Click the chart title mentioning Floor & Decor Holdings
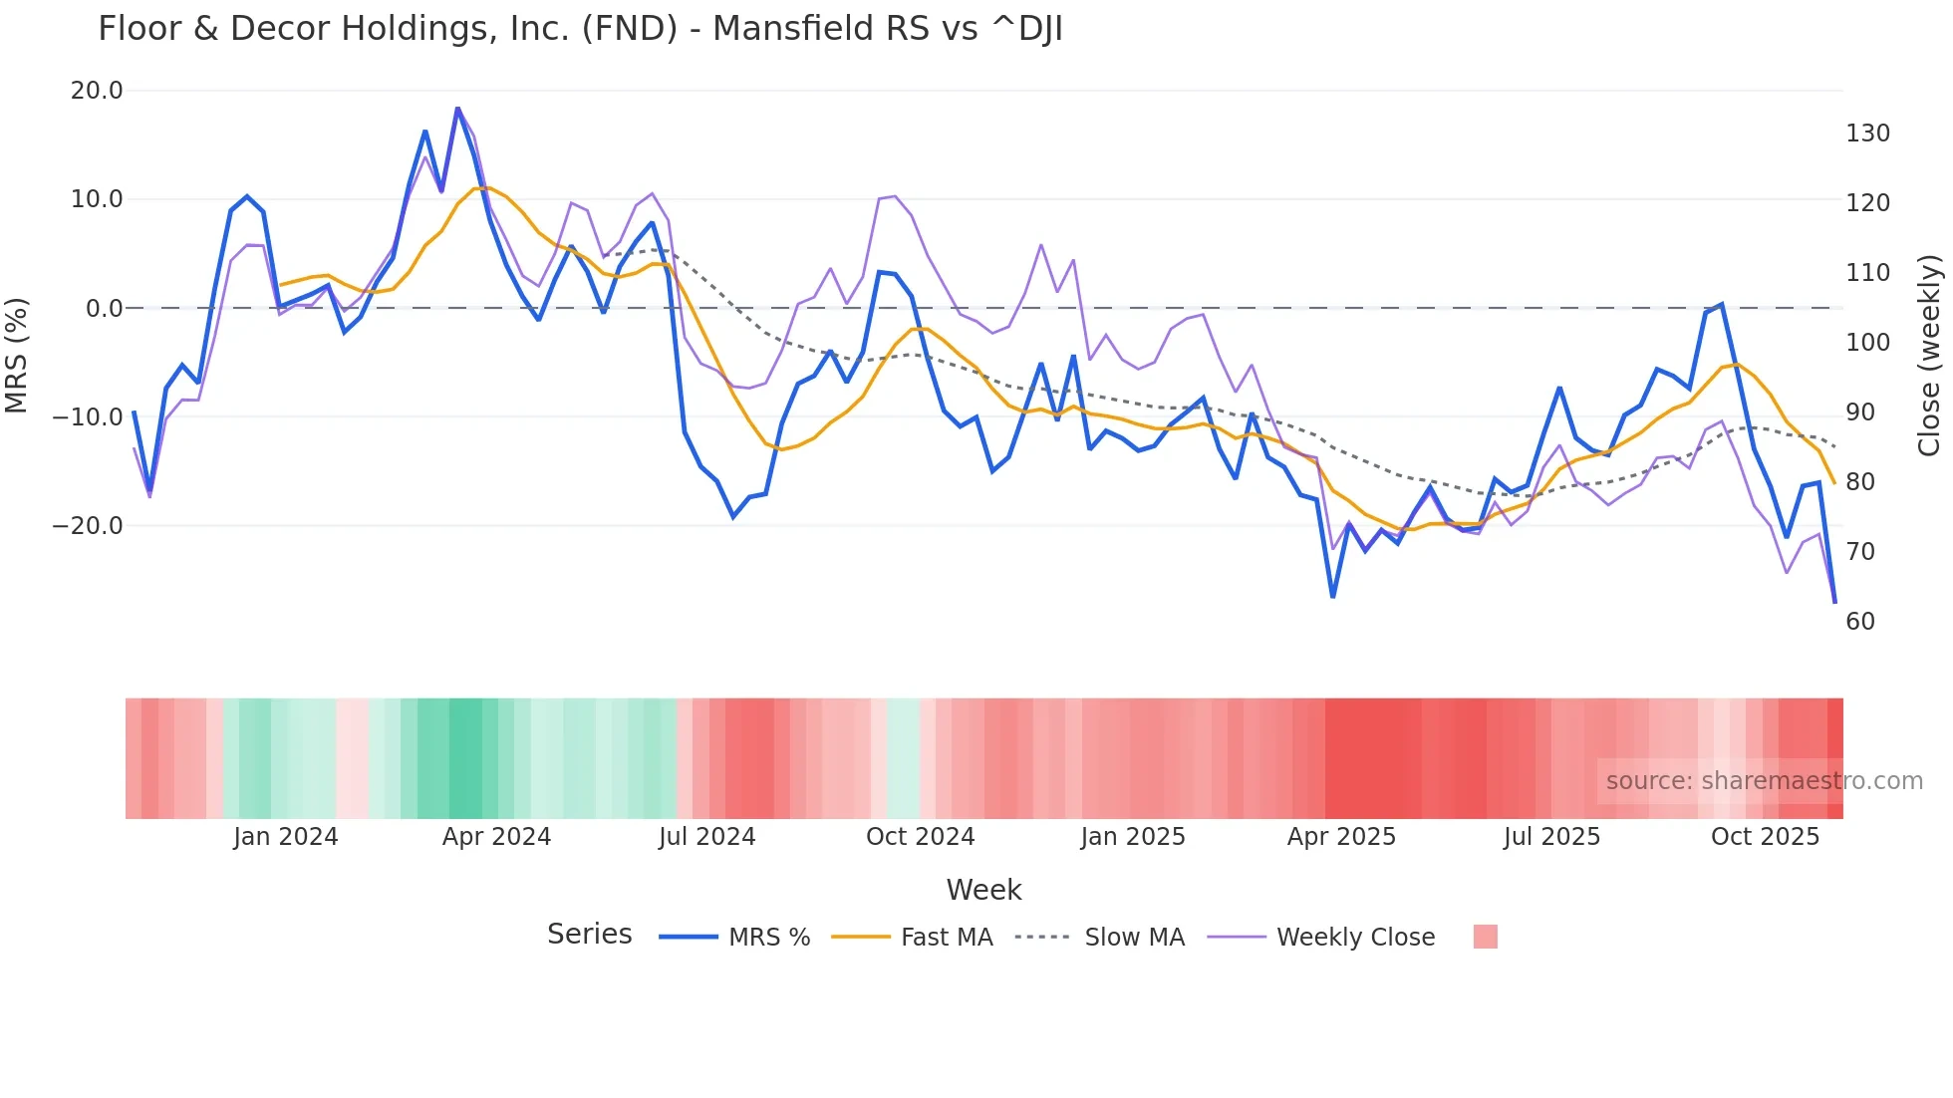pyautogui.click(x=580, y=29)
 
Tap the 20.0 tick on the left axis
pyautogui.click(x=97, y=91)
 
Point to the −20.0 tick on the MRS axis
pyautogui.click(x=88, y=525)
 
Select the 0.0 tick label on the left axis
pyautogui.click(x=104, y=308)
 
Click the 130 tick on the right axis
pyautogui.click(x=1867, y=134)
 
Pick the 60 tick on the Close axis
pyautogui.click(x=1859, y=621)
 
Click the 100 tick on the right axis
pyautogui.click(x=1867, y=343)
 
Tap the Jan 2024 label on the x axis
pyautogui.click(x=286, y=837)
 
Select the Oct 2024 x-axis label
pyautogui.click(x=920, y=837)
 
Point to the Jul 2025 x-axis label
pyautogui.click(x=1551, y=837)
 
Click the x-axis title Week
pyautogui.click(x=983, y=890)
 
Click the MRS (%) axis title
pyautogui.click(x=16, y=355)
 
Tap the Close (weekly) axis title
pyautogui.click(x=1930, y=356)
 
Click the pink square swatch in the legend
pyautogui.click(x=1485, y=937)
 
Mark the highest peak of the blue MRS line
pyautogui.click(x=457, y=109)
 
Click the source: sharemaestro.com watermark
pyautogui.click(x=1764, y=781)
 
